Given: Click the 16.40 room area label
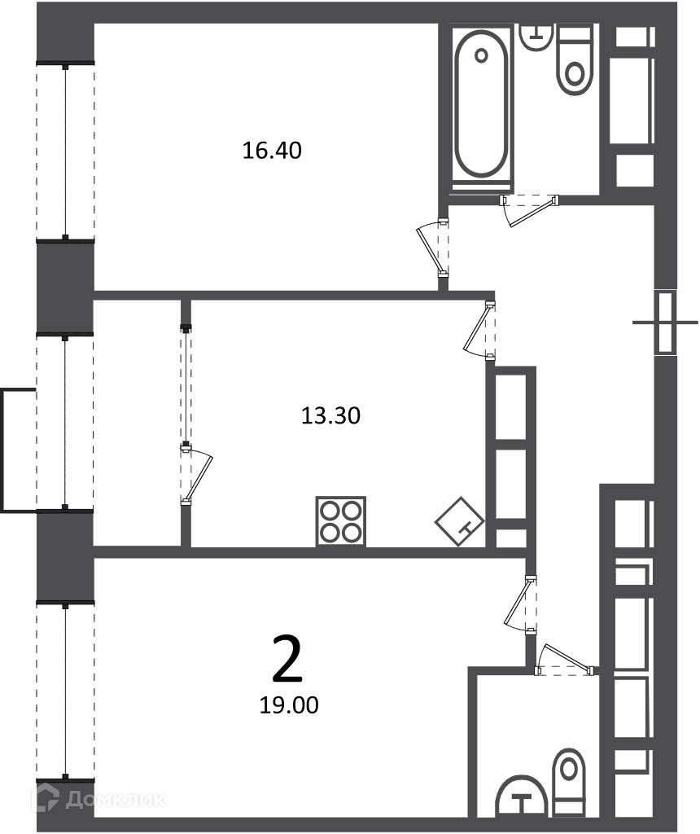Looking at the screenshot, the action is coord(272,151).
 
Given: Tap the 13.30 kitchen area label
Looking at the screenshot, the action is coord(330,415).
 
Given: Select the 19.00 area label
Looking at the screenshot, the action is coord(289,705).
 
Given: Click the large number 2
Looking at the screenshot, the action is coord(287,660).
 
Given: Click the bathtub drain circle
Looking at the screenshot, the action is coord(482,55).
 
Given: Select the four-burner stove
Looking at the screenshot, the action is coord(341,521).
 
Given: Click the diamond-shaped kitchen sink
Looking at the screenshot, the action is coord(460,521).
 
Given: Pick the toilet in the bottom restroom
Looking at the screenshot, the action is coord(568,783).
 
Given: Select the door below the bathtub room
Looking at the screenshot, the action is coord(529,210).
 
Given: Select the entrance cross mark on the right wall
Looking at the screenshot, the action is coord(665,323).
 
